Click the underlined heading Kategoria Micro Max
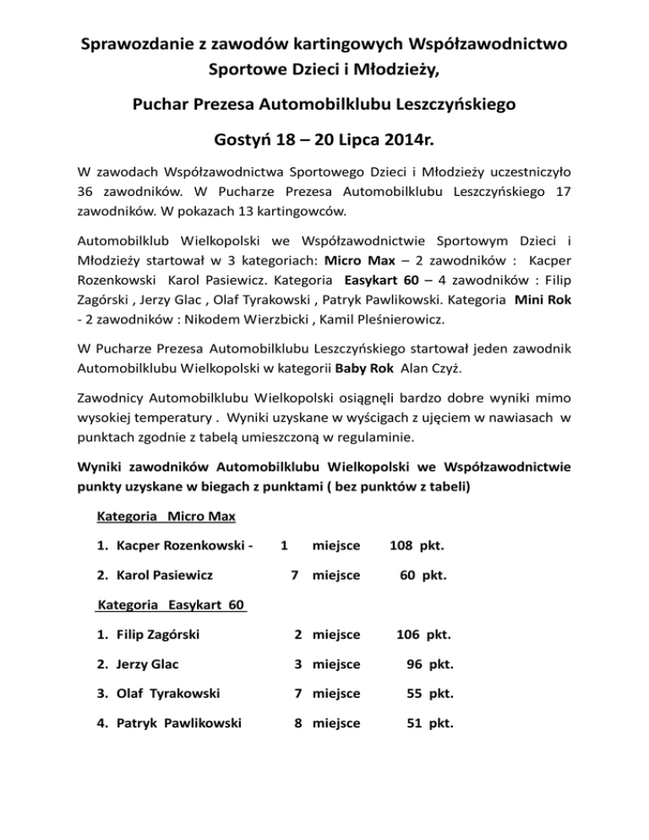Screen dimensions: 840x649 (x=166, y=515)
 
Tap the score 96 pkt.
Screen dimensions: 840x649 (x=428, y=664)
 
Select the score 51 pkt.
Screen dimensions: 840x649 (x=428, y=723)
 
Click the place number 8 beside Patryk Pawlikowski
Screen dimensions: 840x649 (x=298, y=723)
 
